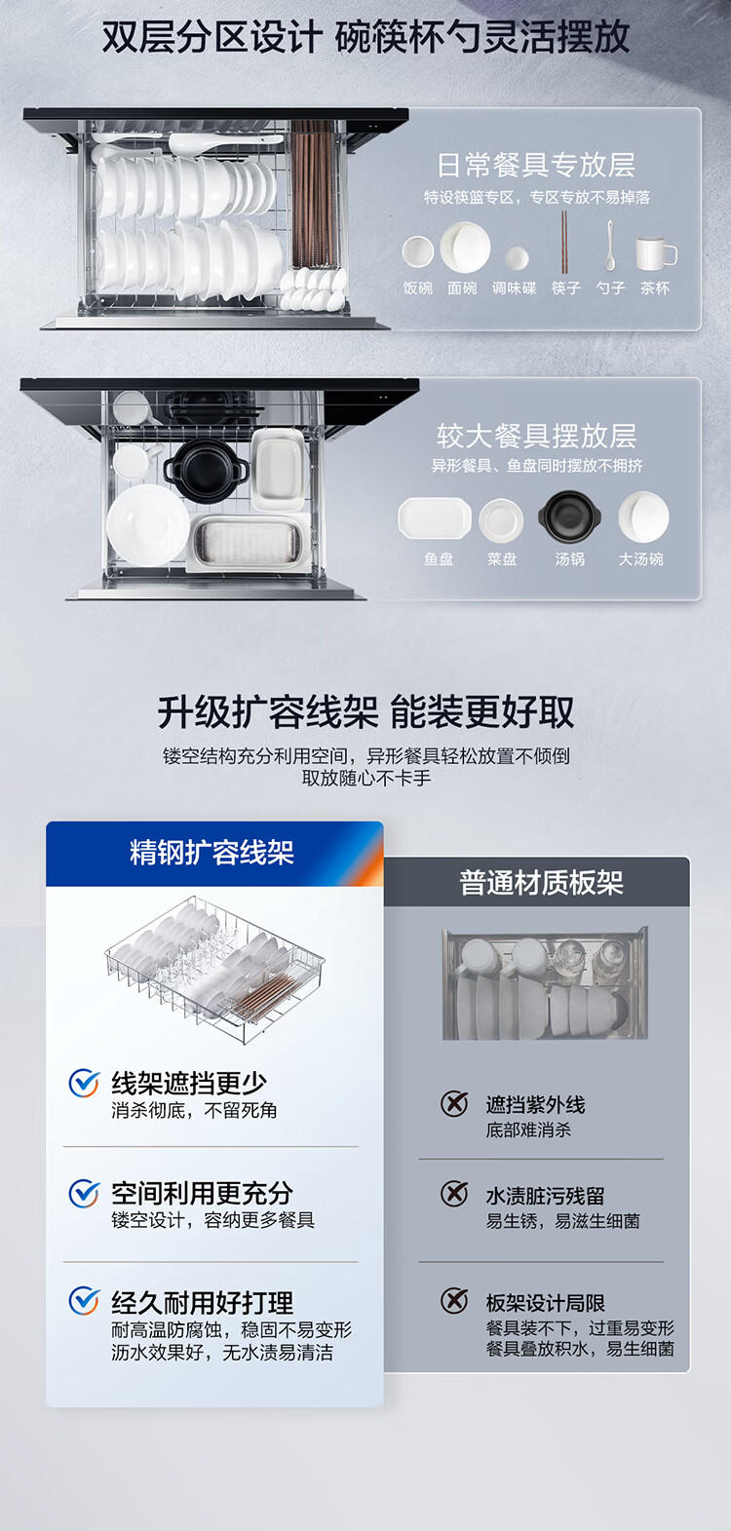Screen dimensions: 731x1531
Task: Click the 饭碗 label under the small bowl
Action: tap(418, 288)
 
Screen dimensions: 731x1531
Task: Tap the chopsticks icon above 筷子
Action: tap(565, 242)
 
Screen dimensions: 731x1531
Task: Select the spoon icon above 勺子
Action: tap(610, 245)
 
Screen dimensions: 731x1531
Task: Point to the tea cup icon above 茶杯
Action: tap(656, 252)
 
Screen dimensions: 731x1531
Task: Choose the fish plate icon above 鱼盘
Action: tap(435, 518)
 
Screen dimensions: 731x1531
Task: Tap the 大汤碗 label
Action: tap(640, 559)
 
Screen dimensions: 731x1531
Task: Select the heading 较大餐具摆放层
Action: tap(536, 436)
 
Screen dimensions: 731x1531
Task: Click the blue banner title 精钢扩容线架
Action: tap(212, 853)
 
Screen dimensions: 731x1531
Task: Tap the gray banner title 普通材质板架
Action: tap(541, 882)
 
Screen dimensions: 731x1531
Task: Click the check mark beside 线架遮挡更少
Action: tap(84, 1084)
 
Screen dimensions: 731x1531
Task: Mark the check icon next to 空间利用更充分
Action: tap(84, 1194)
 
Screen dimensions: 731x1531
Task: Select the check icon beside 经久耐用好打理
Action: tap(84, 1301)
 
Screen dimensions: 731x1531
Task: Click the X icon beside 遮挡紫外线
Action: tap(454, 1102)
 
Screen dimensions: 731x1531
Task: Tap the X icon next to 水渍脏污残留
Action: tap(454, 1193)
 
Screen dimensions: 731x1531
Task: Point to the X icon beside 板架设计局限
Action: tap(454, 1300)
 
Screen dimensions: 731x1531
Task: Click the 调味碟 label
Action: tap(515, 288)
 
